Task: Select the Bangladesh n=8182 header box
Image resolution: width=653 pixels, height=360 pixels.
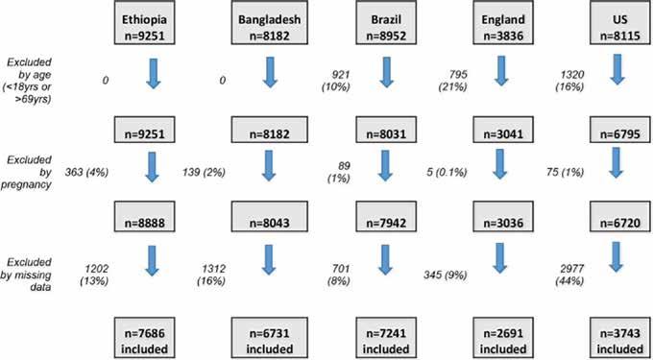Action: click(x=270, y=23)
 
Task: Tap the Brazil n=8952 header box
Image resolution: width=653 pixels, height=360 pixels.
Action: click(x=385, y=23)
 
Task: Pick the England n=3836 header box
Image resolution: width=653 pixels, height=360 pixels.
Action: click(x=502, y=23)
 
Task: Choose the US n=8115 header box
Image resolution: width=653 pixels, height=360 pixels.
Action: click(x=617, y=23)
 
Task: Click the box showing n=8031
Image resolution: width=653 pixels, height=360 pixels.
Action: click(x=385, y=130)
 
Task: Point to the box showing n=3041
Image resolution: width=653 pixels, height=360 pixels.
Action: click(x=502, y=130)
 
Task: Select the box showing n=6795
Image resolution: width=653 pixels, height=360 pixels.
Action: click(x=617, y=130)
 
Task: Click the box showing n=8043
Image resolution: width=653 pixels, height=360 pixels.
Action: click(x=270, y=217)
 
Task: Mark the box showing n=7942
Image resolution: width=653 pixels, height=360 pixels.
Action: click(x=385, y=217)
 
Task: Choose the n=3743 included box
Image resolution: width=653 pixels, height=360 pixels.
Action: click(x=617, y=338)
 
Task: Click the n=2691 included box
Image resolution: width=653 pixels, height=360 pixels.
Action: click(x=502, y=338)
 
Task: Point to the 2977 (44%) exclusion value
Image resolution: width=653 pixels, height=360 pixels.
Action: click(x=569, y=275)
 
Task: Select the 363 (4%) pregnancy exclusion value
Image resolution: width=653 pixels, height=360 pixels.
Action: click(x=86, y=173)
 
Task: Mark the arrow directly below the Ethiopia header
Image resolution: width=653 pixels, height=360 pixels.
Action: click(x=154, y=73)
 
